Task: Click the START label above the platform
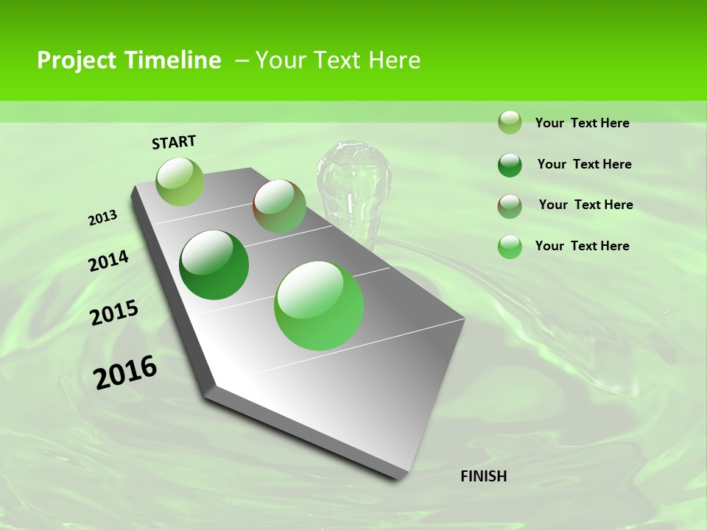click(174, 142)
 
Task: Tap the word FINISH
click(484, 476)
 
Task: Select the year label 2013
click(102, 218)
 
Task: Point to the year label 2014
click(109, 261)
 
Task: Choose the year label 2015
click(114, 314)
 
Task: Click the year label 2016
click(125, 372)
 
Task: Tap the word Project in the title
click(77, 60)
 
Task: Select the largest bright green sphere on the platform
click(319, 305)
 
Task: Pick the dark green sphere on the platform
click(214, 265)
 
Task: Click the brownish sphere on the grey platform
click(279, 206)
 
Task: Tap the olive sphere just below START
click(180, 181)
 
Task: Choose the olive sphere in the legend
click(510, 122)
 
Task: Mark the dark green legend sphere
click(510, 165)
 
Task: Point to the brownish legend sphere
click(510, 206)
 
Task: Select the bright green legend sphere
click(510, 247)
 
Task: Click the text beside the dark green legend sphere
click(584, 164)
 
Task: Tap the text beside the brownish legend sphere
click(585, 205)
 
